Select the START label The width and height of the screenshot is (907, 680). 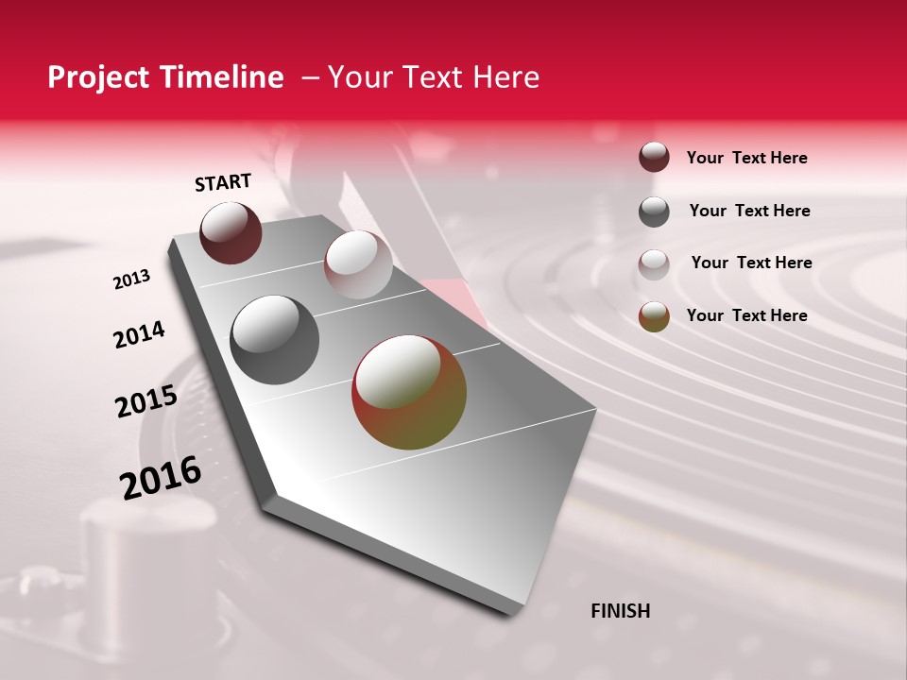223,182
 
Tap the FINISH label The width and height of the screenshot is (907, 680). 621,611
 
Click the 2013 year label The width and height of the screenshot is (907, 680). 131,280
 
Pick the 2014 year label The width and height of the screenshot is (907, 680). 139,334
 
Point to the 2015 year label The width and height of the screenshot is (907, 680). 146,401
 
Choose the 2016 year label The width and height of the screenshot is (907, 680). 161,477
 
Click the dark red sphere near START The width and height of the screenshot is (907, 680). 231,232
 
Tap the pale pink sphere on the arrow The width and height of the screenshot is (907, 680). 358,264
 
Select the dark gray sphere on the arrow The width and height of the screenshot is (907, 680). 275,340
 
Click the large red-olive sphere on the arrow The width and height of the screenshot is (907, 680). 409,392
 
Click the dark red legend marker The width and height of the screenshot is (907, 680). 654,158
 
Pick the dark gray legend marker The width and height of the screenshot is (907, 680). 654,212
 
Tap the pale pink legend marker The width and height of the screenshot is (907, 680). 654,263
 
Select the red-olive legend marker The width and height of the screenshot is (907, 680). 654,316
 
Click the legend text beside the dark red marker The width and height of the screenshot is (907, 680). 746,158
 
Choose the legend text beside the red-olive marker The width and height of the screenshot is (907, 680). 746,315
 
